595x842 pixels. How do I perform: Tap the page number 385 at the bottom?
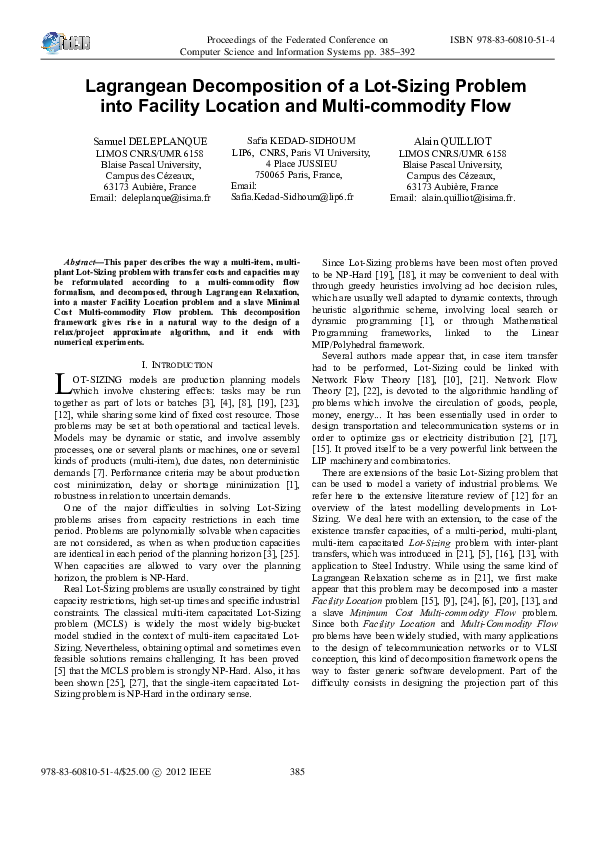pyautogui.click(x=296, y=800)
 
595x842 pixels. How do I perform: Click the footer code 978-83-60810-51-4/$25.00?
pyautogui.click(x=93, y=800)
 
